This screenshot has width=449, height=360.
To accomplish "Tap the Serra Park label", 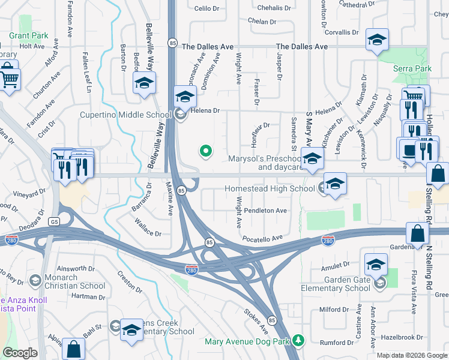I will (412, 69).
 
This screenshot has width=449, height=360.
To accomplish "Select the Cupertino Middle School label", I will (126, 115).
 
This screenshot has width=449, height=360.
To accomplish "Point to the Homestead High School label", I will (270, 188).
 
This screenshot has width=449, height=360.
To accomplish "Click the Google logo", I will (20, 353).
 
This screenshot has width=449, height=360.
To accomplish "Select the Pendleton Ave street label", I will (265, 211).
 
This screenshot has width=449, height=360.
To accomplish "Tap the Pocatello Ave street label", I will (262, 239).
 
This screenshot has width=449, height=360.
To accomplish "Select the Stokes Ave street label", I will (256, 322).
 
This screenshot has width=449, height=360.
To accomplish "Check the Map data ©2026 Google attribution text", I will (412, 355).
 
